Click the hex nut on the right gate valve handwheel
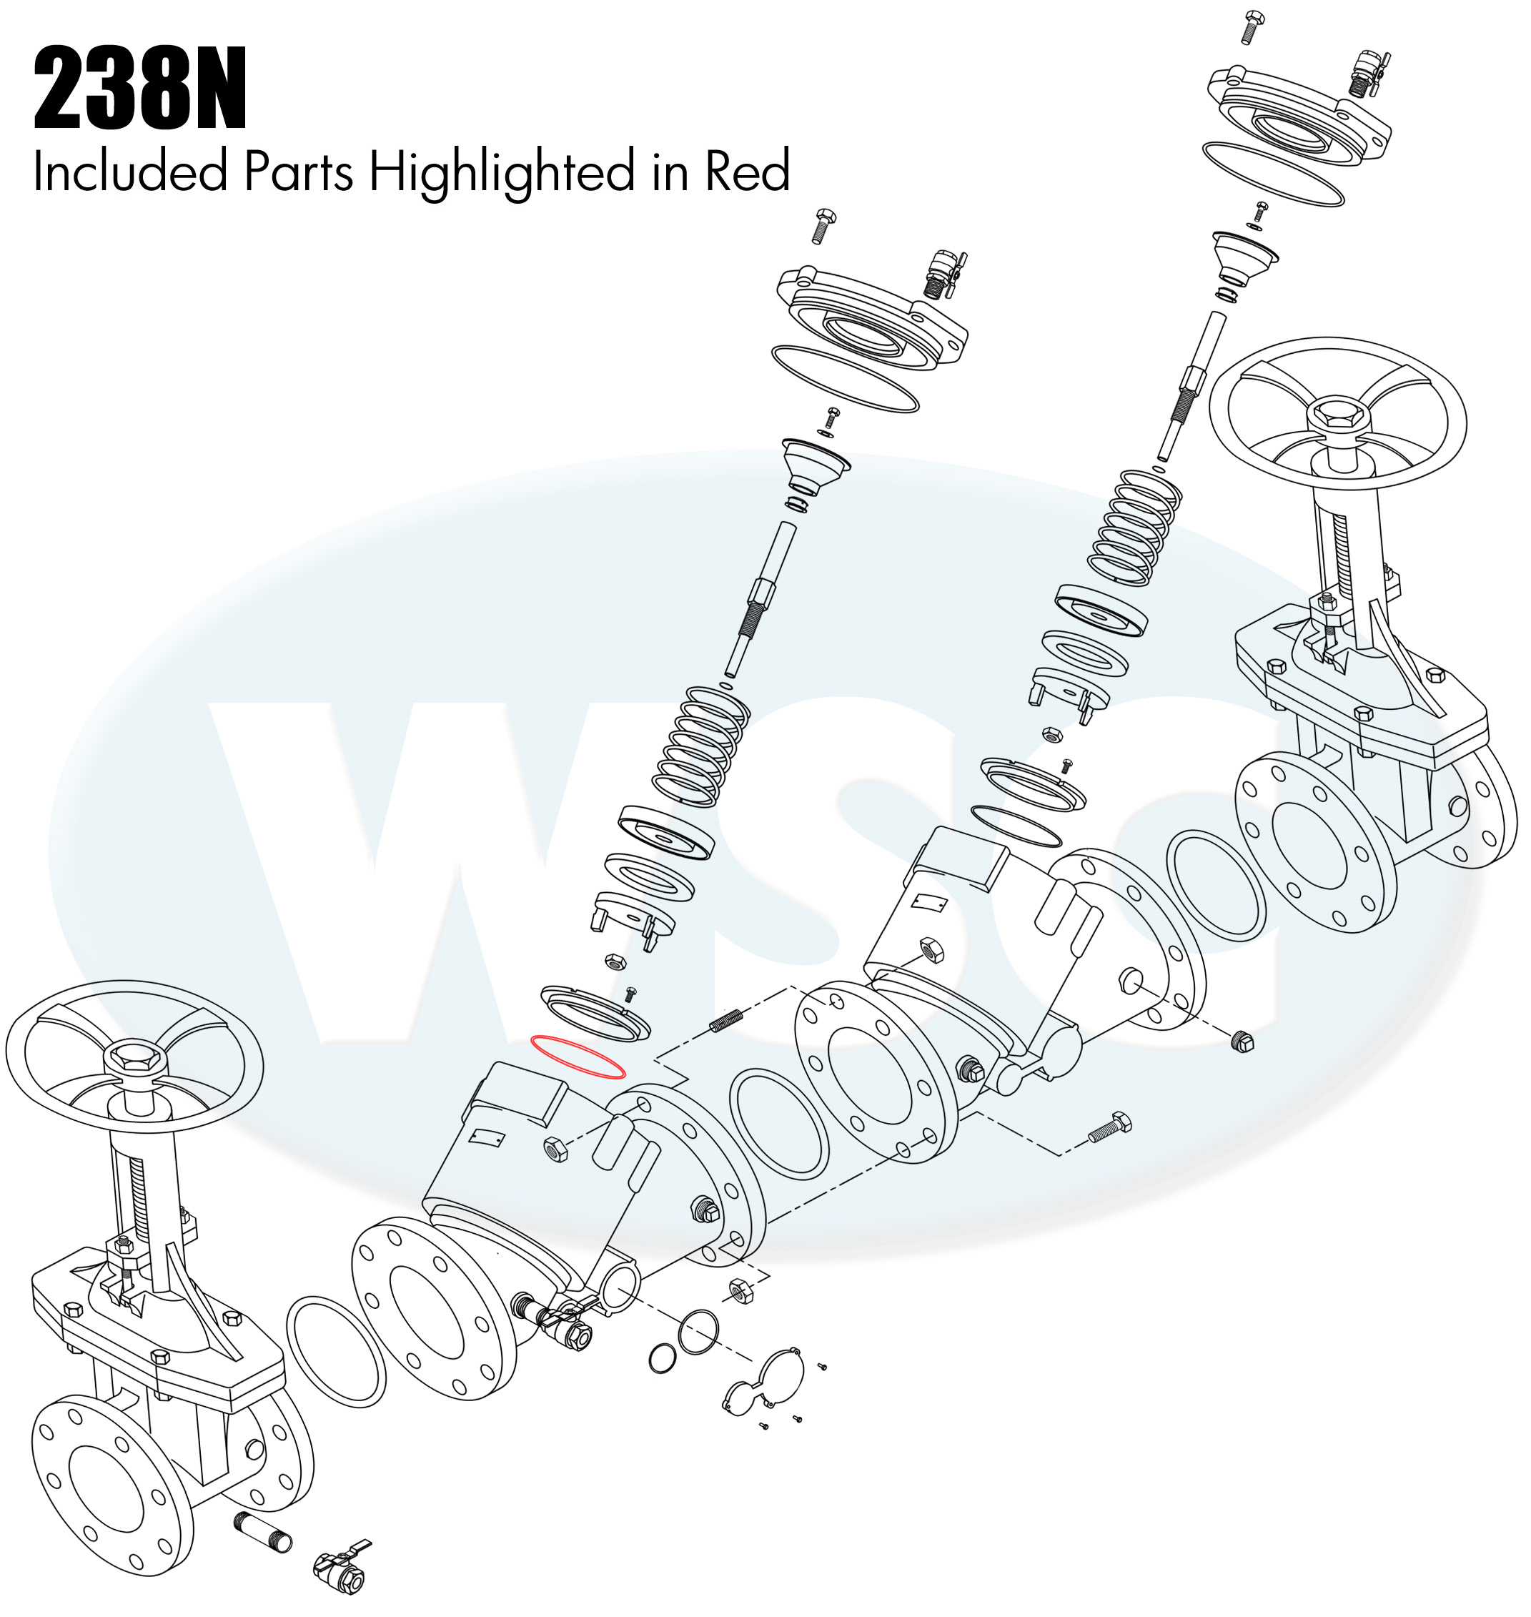pos(1339,418)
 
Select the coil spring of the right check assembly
pos(1134,526)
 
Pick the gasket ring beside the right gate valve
pos(1216,886)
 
